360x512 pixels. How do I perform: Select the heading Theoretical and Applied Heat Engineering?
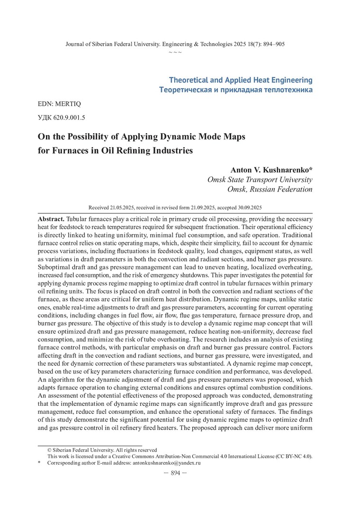[x=241, y=80]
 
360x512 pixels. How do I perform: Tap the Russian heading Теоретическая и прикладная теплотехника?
[x=236, y=90]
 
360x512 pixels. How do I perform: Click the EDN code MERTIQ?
[x=63, y=103]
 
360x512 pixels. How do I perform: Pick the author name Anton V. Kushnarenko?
[x=271, y=170]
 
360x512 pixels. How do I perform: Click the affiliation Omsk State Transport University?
[x=260, y=180]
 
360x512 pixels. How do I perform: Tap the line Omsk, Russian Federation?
[x=270, y=189]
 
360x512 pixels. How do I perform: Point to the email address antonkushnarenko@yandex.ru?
[x=166, y=463]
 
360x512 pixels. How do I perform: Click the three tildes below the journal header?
[x=175, y=52]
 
